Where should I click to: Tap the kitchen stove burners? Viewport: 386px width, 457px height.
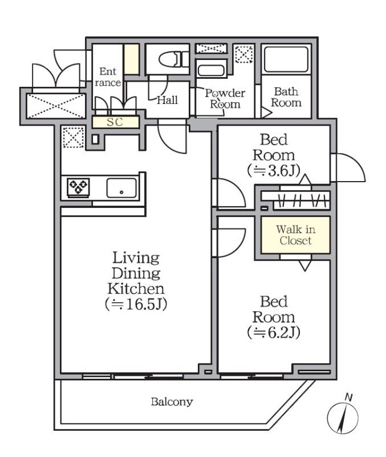coord(78,187)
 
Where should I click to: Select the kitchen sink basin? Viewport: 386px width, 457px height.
coord(121,188)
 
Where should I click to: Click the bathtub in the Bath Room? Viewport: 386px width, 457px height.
coord(286,59)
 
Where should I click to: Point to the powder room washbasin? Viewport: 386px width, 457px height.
coord(211,71)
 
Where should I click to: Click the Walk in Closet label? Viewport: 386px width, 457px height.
coord(295,235)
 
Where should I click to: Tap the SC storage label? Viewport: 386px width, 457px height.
coord(115,122)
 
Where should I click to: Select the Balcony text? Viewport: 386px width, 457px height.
coord(172,402)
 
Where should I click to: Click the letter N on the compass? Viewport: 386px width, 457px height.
coord(349,397)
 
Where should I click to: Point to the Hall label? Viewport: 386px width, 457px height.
coord(167,101)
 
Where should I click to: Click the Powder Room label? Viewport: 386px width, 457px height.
coord(225,98)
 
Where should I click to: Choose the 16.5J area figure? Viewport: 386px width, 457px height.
coord(136,304)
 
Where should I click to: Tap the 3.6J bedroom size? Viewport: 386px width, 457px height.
coord(274,171)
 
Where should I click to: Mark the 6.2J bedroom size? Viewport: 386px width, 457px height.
coord(274,332)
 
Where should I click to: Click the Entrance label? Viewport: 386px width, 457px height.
coord(108,77)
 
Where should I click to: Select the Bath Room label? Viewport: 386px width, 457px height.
coord(286,97)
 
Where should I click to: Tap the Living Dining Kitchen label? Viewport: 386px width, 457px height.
coord(136,274)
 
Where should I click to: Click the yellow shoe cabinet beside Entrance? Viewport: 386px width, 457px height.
coord(132,59)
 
